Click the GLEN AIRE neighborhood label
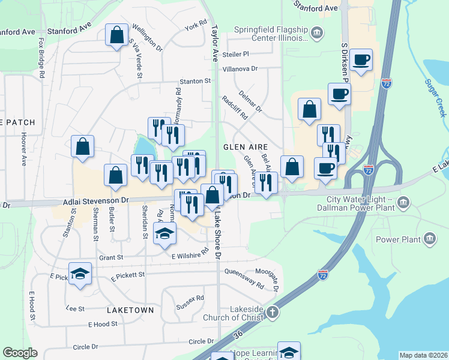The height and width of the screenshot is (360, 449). pos(245,146)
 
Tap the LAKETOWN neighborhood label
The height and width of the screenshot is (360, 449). pos(130,310)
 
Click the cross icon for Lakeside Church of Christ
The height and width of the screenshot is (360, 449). pos(272,312)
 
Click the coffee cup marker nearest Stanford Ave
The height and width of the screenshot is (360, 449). pos(361,60)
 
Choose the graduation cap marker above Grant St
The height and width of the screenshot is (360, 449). pos(164,233)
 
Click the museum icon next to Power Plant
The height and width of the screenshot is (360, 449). pos(430,240)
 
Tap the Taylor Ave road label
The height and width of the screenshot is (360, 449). pos(214,42)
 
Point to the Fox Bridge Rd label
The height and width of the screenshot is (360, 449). pos(42,59)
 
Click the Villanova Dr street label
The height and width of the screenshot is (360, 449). pos(240,69)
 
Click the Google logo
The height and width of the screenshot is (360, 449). pos(20,353)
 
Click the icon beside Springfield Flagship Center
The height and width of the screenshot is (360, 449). pos(318,32)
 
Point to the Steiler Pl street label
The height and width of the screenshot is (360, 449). pos(235,54)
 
